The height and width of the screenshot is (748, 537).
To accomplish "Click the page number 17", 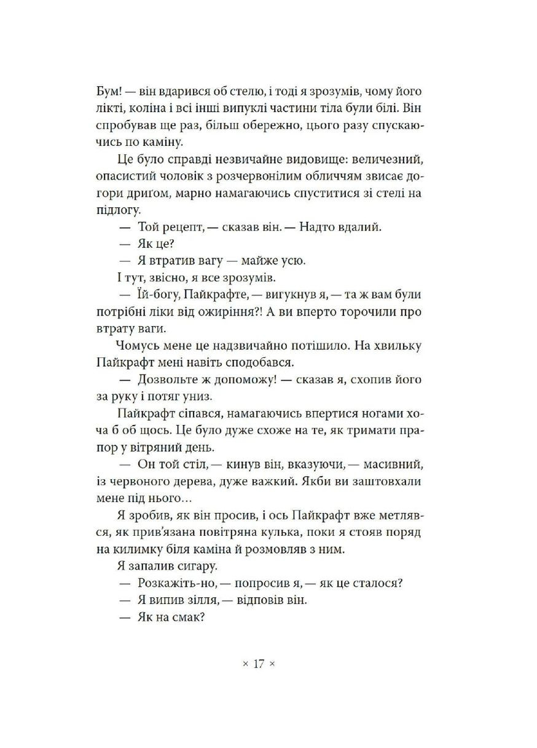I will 258,664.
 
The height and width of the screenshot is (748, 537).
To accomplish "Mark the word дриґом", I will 138,193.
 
